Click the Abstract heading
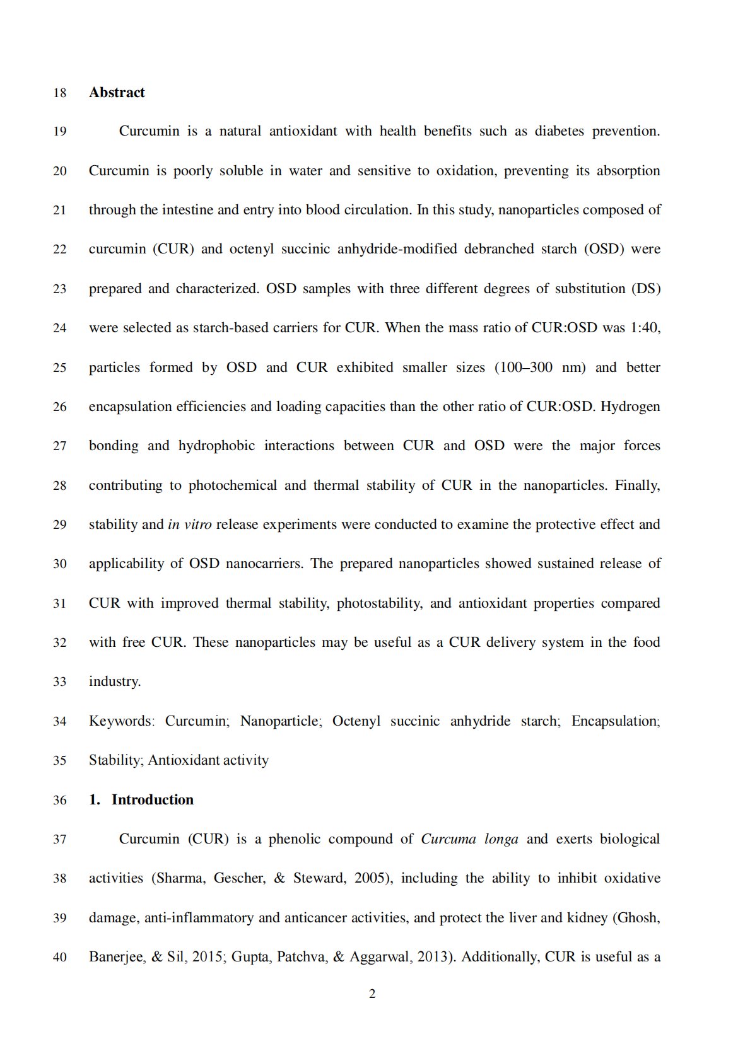coord(117,93)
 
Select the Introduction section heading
coord(152,800)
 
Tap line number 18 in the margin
coord(60,93)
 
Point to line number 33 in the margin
coord(60,682)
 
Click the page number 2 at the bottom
coord(372,994)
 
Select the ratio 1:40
coord(645,328)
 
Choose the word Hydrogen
coord(630,407)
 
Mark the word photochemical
coord(232,485)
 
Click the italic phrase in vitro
coord(189,525)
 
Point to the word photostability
coord(378,603)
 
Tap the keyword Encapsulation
coord(614,721)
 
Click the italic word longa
coord(501,839)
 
